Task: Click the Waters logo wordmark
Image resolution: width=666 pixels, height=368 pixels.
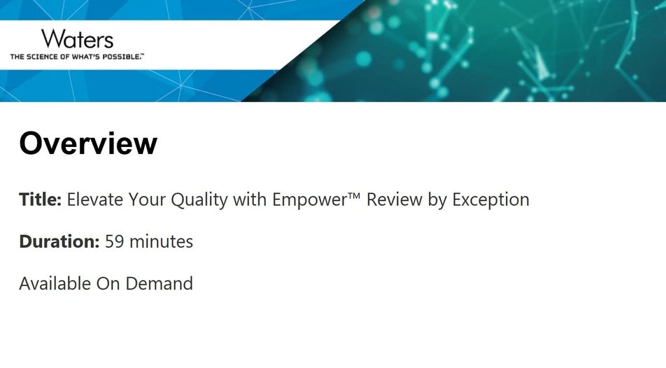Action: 77,38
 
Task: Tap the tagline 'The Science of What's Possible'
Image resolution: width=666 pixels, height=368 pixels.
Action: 76,56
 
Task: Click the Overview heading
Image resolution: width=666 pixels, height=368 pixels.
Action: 88,143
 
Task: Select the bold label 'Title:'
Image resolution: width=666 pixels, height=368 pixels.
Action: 41,199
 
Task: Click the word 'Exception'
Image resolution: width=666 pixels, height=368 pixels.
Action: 490,200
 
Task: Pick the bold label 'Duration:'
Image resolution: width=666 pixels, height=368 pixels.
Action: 59,242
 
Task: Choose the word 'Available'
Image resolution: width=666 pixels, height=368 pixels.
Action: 55,284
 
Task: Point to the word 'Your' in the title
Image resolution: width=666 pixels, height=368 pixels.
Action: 146,199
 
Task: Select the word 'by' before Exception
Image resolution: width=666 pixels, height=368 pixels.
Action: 437,200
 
